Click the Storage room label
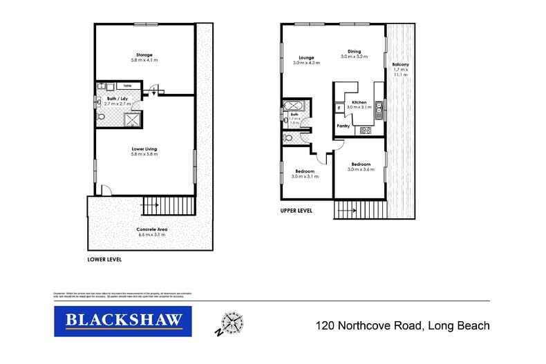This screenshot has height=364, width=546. pos(144,55)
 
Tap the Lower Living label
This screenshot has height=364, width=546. pos(144,149)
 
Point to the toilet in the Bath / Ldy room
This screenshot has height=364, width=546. pos(102,118)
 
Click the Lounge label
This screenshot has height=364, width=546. pos(306,57)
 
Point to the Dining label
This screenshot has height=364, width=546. pos(354,51)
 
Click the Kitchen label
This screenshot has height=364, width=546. pos(359,102)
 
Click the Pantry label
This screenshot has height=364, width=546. pos(343,126)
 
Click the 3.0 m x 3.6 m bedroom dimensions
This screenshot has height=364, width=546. pos(360,169)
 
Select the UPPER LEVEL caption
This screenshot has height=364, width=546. pos(296,210)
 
